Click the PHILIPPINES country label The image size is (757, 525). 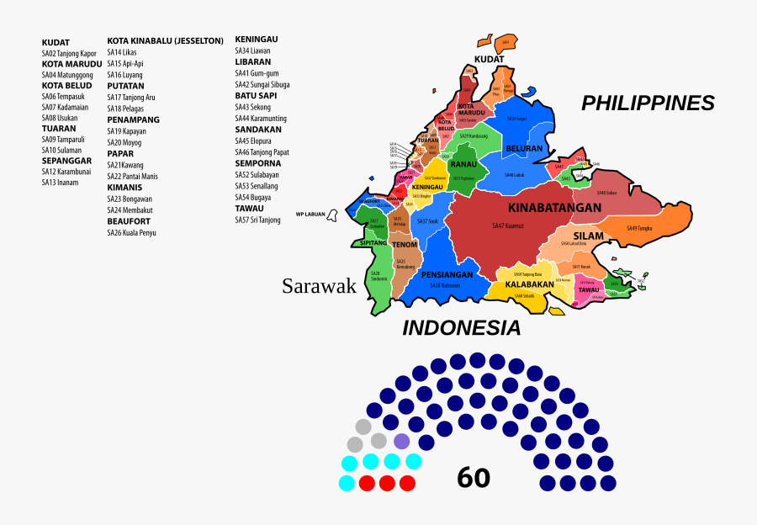pyautogui.click(x=648, y=103)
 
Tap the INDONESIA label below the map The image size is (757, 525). pyautogui.click(x=461, y=328)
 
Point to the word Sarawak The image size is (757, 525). pyautogui.click(x=319, y=286)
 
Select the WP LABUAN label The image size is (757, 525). pyautogui.click(x=310, y=214)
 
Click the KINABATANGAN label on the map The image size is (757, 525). pyautogui.click(x=554, y=208)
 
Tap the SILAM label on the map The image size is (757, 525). pyautogui.click(x=588, y=236)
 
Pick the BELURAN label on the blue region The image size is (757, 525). pyautogui.click(x=524, y=149)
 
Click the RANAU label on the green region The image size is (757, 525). pyautogui.click(x=463, y=165)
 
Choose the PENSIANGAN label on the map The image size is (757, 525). pyautogui.click(x=447, y=274)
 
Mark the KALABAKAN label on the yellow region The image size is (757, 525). pyautogui.click(x=529, y=284)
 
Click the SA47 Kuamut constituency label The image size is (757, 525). pyautogui.click(x=509, y=225)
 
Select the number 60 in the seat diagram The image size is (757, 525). pyautogui.click(x=474, y=478)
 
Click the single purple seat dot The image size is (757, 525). pyautogui.click(x=402, y=441)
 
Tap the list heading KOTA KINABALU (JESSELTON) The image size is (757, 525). pyautogui.click(x=165, y=40)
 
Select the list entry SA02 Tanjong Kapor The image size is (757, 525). pyautogui.click(x=69, y=54)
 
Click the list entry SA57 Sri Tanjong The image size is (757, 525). pyautogui.click(x=257, y=220)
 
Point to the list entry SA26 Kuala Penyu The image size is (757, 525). pyautogui.click(x=131, y=232)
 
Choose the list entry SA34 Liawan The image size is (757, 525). pyautogui.click(x=251, y=50)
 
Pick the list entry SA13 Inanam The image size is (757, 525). pyautogui.click(x=60, y=183)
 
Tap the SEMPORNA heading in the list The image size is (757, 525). pyautogui.click(x=258, y=163)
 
